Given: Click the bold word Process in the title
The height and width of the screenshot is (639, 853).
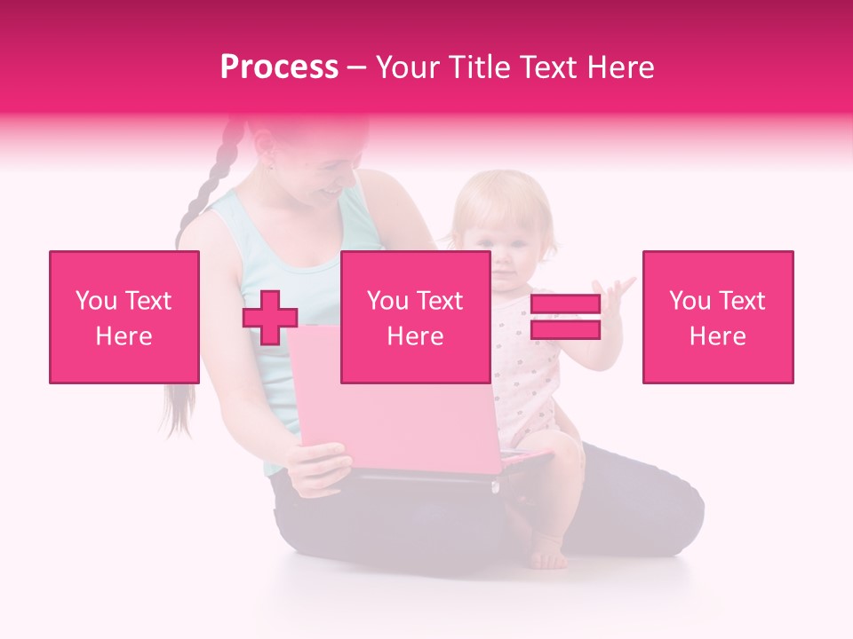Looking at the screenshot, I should pos(279,67).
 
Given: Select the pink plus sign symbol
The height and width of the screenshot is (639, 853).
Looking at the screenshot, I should pos(270,317).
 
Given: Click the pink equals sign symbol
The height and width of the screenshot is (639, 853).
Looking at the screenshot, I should pos(565,317).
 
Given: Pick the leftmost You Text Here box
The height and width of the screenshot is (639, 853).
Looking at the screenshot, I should pos(124,317).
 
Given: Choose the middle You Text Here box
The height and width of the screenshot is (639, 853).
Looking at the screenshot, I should pos(415,317).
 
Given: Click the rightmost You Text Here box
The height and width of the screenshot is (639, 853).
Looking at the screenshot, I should pos(717,317).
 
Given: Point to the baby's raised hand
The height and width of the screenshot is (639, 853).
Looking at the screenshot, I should pos(616,294).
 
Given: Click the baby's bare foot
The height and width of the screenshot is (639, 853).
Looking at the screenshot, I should pos(548,556).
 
